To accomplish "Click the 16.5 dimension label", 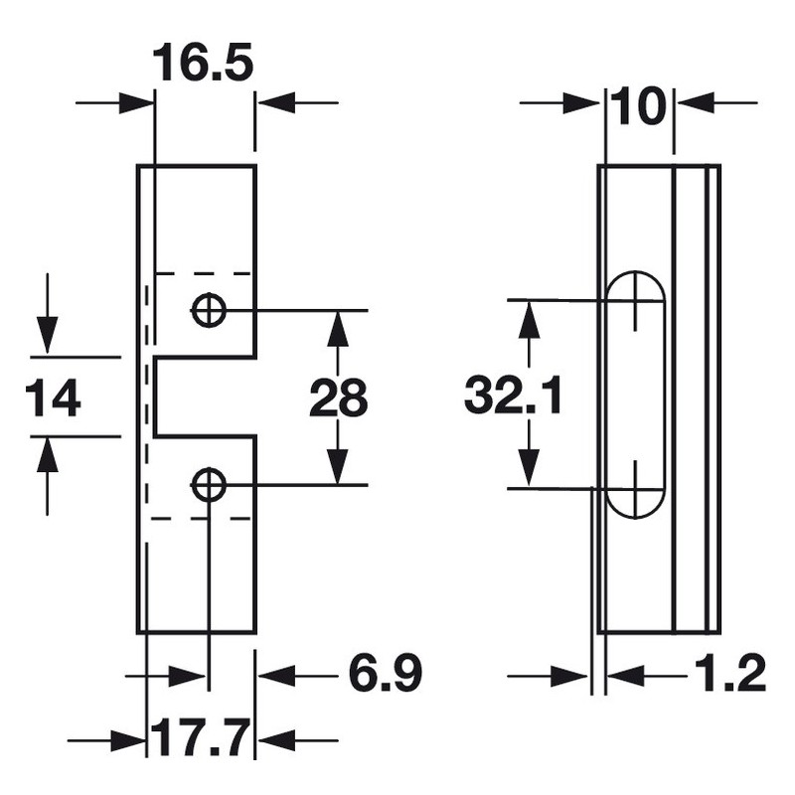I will [204, 66].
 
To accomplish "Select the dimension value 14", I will [54, 398].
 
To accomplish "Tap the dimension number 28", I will [338, 398].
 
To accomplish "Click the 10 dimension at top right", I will [638, 107].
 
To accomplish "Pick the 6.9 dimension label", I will [386, 675].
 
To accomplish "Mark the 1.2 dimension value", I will [730, 675].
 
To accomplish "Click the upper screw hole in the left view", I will [209, 310].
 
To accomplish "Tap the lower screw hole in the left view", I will [209, 485].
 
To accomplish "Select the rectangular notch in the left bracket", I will [204, 396].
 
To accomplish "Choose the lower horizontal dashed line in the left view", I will [202, 519].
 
